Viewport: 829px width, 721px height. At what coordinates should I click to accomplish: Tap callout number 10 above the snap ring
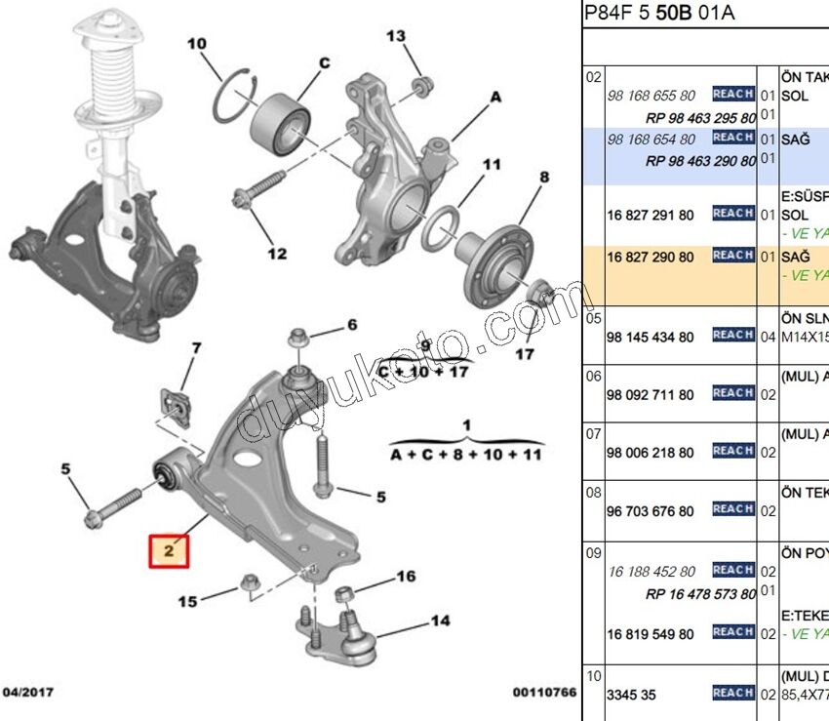pos(197,44)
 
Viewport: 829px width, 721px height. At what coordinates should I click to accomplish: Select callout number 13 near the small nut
pos(395,37)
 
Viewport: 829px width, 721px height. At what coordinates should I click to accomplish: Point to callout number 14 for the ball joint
pos(440,621)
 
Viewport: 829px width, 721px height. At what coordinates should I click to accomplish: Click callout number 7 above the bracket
pos(195,348)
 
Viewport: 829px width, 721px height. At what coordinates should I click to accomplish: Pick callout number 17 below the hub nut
pos(525,353)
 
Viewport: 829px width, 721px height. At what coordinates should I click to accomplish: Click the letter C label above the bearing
pos(325,63)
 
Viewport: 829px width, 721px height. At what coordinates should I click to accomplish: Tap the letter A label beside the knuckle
pos(494,98)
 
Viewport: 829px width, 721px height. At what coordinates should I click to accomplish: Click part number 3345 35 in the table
pos(633,693)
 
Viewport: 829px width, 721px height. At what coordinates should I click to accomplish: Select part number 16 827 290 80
pos(651,257)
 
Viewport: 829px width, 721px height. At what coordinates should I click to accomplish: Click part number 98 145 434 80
pos(651,337)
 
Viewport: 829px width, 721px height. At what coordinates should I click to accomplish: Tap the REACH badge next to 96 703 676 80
pos(732,508)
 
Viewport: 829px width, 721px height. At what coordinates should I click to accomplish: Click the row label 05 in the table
pos(593,317)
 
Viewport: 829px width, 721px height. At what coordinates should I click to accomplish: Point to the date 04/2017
pos(26,693)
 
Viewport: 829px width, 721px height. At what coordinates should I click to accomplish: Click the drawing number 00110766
pos(544,693)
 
